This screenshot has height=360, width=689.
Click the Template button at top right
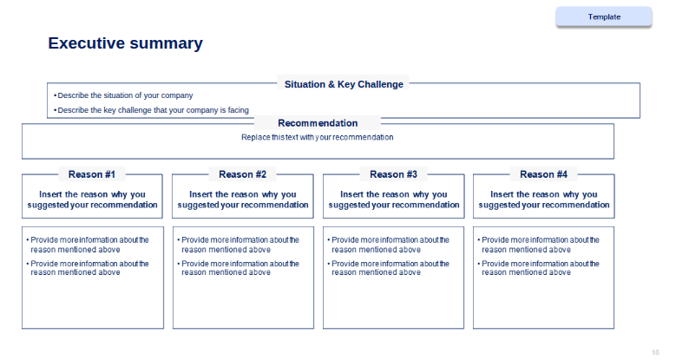(604, 17)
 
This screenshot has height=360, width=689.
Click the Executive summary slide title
(125, 43)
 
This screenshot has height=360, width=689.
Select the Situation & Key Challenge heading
(344, 84)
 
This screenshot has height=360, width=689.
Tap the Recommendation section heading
(318, 123)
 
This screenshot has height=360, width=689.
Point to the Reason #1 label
(92, 174)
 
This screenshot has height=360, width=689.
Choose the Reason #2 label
(243, 174)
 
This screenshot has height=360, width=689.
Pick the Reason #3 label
(393, 174)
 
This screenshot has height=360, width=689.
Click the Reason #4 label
(543, 174)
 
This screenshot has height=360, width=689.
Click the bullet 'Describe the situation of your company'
(123, 95)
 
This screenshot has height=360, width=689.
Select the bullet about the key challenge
(151, 110)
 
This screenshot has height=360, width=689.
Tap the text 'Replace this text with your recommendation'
(318, 137)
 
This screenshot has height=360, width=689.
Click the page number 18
(655, 352)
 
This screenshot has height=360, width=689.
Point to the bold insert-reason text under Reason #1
(92, 200)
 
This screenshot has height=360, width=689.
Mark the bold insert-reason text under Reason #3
(394, 200)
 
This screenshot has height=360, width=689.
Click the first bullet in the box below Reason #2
(238, 245)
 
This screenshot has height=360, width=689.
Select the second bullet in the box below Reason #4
(538, 268)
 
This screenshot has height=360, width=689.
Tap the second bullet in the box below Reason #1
(88, 268)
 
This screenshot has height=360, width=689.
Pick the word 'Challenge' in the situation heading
(381, 84)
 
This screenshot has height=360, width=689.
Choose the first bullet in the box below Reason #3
(389, 245)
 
